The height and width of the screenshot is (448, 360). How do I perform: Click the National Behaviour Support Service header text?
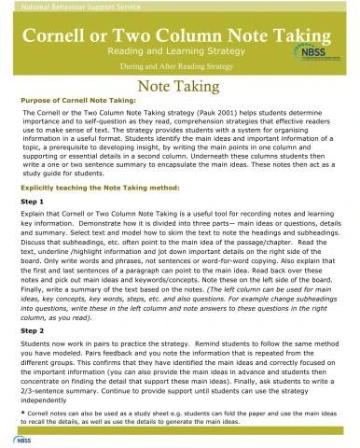tap(60, 9)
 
